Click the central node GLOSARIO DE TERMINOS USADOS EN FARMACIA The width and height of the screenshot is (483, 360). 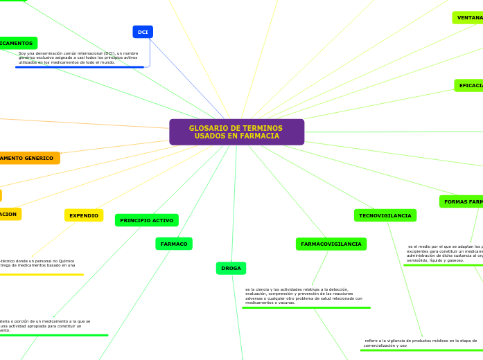tap(236, 132)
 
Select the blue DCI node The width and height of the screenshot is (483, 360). tap(143, 32)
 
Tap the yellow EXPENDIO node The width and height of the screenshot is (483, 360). tap(84, 215)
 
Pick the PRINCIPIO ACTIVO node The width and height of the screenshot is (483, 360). tap(146, 220)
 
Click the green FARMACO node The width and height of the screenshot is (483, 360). tap(174, 244)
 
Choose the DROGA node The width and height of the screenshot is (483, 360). tap(231, 268)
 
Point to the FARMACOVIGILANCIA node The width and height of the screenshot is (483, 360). tap(331, 244)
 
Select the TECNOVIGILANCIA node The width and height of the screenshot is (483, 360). tap(385, 215)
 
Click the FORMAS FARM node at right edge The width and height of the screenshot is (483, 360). tap(462, 201)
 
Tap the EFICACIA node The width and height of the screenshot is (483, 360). tap(469, 85)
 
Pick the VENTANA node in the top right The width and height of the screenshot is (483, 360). tap(468, 17)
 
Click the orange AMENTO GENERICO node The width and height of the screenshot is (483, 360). tap(28, 158)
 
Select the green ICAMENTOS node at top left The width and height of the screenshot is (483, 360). tap(17, 43)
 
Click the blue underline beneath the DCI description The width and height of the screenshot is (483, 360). tap(79, 67)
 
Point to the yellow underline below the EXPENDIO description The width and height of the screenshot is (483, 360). tap(42, 274)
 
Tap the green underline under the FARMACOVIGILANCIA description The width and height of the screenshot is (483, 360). tap(306, 307)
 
